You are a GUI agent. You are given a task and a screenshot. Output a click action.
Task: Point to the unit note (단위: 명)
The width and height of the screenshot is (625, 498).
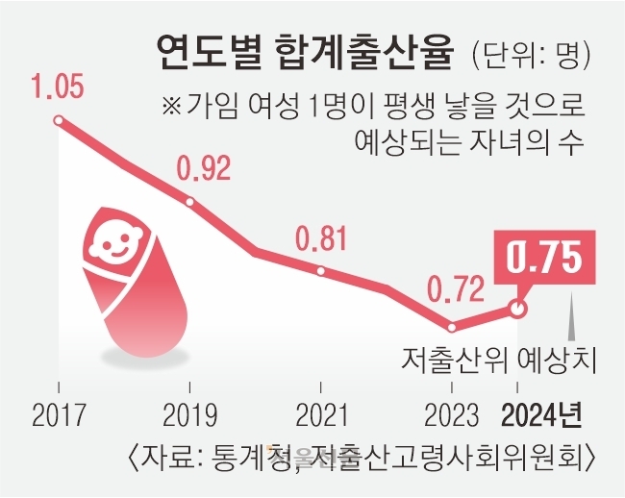530,53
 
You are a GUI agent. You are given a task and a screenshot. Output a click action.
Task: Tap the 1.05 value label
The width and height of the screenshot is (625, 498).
61,87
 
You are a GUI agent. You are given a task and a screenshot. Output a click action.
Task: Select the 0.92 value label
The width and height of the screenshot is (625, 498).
204,170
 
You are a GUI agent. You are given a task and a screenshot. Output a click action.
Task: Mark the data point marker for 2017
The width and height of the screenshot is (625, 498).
59,120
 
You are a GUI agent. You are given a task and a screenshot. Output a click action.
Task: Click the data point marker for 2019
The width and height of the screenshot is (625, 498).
190,202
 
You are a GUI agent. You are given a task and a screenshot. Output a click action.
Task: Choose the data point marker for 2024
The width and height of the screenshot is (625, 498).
518,309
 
